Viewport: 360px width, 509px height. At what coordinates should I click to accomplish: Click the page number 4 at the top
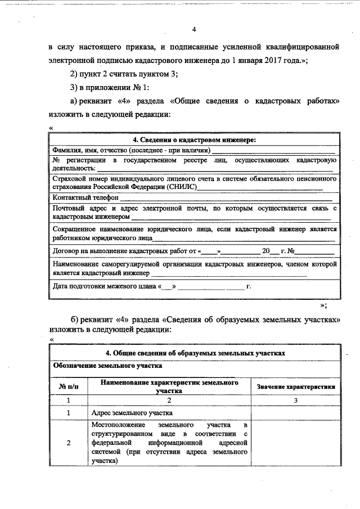[193, 29]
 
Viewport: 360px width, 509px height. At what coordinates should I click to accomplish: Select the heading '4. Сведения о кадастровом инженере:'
[194, 140]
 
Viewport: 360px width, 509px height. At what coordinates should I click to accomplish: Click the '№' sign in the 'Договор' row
[292, 251]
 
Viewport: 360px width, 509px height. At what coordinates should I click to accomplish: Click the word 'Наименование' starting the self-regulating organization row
[76, 264]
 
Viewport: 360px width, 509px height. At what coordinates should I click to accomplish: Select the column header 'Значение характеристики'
[296, 387]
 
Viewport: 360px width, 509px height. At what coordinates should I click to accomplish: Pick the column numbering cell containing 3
[295, 400]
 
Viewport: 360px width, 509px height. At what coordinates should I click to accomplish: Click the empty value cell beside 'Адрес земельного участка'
[295, 413]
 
